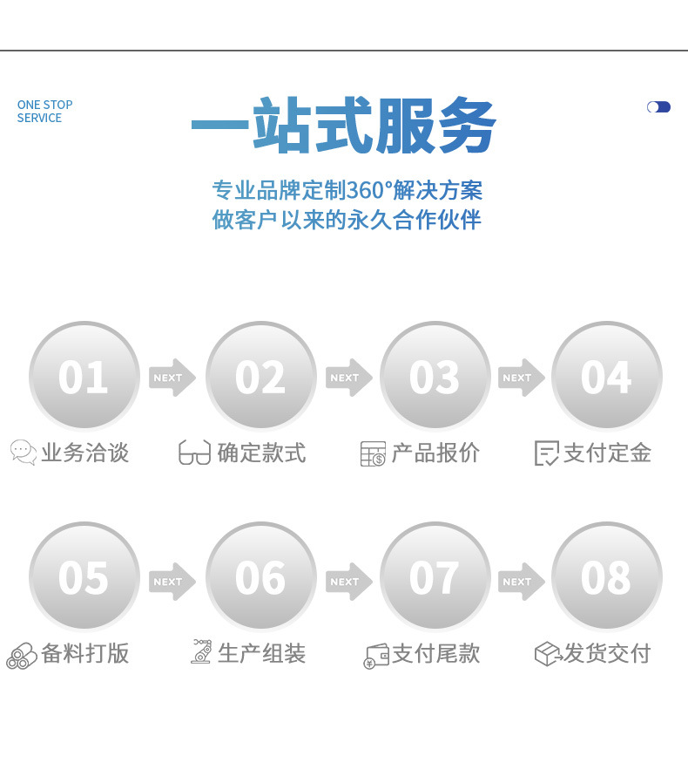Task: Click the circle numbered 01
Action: (84, 377)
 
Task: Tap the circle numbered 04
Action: (606, 377)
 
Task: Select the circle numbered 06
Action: (260, 577)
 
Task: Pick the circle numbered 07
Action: (435, 577)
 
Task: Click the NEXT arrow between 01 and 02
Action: (172, 378)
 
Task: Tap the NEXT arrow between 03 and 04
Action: (521, 378)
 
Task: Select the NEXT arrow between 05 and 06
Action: (172, 582)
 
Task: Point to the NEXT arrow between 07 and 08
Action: (521, 582)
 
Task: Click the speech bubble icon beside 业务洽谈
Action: (24, 453)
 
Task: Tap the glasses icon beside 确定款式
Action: (194, 453)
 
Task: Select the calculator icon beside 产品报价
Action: (373, 453)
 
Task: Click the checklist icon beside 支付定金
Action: (546, 453)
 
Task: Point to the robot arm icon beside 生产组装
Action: (201, 652)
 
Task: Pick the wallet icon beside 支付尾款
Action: (376, 655)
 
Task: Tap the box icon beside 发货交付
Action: (547, 654)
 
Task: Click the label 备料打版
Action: (85, 653)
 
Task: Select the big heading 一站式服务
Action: (343, 126)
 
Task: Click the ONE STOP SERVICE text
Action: (44, 112)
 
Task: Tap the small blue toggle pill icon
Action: (658, 107)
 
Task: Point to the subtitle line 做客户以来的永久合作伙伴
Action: (347, 220)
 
